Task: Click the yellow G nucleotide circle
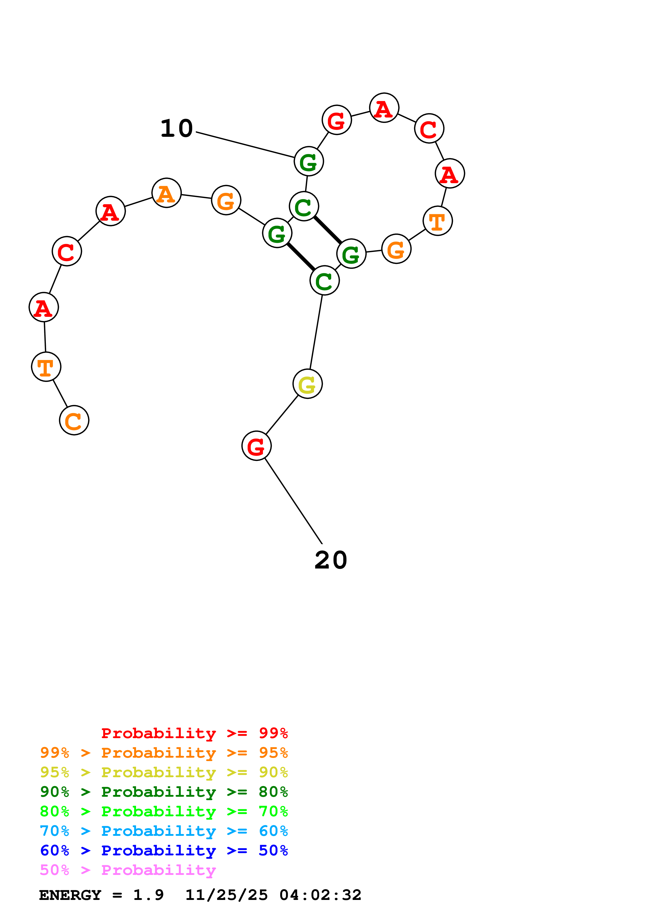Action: coord(307,384)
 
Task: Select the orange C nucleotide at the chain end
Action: coord(74,420)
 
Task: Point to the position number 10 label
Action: coord(176,129)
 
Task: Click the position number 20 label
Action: coord(330,560)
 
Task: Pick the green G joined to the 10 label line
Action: coord(309,161)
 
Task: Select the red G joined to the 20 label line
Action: coord(256,446)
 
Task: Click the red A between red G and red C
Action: coord(384,108)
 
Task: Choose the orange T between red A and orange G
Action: coord(438,221)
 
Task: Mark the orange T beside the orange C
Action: coord(46,367)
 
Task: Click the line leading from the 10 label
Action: coord(245,145)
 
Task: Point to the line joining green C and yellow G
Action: coord(316,332)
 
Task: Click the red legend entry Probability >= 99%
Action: coord(194,733)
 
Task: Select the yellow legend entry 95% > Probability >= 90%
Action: coord(164,772)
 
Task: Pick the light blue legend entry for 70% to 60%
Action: coord(164,831)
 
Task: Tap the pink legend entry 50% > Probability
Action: coord(128,870)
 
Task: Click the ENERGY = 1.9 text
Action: coord(101,895)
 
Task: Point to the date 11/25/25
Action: coord(226,895)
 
